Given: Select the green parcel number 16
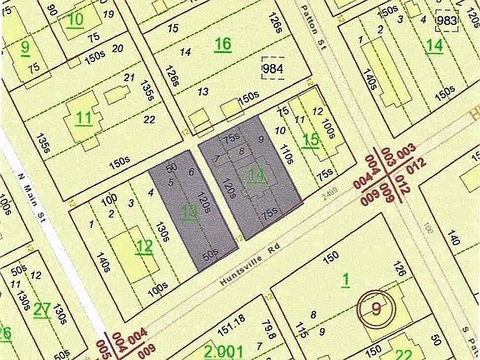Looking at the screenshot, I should click(222, 44).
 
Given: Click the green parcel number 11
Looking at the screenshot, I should click(83, 117).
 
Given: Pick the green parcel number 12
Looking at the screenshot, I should click(143, 246).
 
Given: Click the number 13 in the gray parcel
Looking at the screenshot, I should click(190, 211).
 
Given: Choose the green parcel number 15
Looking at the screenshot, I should click(310, 140).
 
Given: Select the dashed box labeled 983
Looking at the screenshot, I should click(447, 20).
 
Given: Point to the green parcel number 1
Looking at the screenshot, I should click(345, 279).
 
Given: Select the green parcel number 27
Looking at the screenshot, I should click(42, 309).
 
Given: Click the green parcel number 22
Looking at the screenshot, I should click(403, 353).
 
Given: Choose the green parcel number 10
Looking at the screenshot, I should click(75, 19).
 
